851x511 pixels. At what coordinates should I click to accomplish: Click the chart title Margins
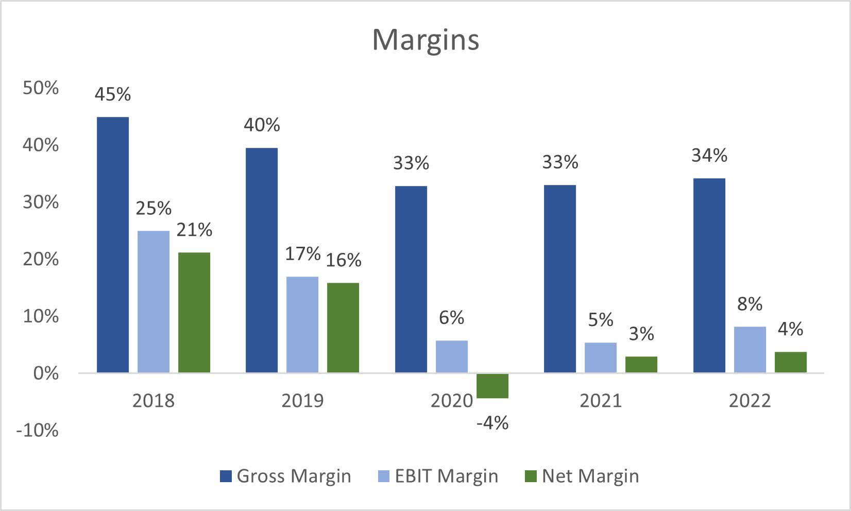click(425, 40)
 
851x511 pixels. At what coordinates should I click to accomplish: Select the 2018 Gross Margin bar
click(113, 245)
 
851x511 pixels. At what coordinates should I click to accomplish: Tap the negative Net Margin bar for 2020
click(492, 385)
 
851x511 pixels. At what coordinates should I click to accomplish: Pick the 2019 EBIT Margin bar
click(302, 325)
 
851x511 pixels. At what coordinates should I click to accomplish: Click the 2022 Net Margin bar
click(791, 362)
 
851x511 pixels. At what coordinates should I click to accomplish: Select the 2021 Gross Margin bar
click(560, 279)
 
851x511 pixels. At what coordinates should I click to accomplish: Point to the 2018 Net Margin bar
click(194, 312)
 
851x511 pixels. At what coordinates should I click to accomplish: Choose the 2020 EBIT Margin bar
click(452, 356)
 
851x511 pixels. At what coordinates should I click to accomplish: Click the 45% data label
click(113, 94)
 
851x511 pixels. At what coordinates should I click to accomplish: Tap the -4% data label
click(492, 423)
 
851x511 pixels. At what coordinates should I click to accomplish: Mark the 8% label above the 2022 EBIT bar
click(750, 304)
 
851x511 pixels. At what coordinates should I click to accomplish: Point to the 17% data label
click(303, 253)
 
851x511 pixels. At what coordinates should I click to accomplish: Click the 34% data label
click(709, 155)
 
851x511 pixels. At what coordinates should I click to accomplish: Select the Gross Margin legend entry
click(285, 476)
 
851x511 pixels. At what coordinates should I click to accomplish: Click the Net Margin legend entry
click(582, 476)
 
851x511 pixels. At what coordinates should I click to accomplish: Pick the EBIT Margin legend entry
click(438, 476)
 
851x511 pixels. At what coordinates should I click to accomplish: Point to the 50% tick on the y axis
click(41, 88)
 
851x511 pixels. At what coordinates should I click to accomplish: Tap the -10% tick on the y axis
click(37, 430)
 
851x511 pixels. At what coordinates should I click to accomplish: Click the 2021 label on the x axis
click(601, 401)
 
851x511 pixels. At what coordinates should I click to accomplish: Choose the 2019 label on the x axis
click(302, 401)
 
